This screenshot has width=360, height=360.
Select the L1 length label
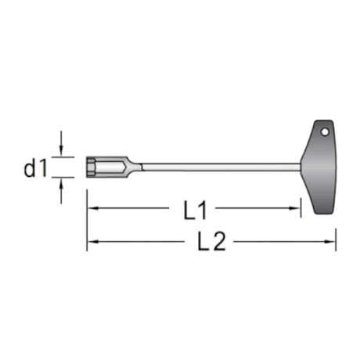pyautogui.click(x=196, y=209)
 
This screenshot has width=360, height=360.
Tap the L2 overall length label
pyautogui.click(x=211, y=242)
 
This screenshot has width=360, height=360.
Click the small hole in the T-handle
pyautogui.click(x=328, y=131)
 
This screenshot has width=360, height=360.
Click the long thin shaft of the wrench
pyautogui.click(x=219, y=166)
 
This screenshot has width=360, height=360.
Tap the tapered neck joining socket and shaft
pyautogui.click(x=133, y=166)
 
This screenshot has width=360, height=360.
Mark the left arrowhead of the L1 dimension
pyautogui.click(x=92, y=209)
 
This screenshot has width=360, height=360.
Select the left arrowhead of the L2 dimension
pyautogui.click(x=92, y=242)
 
